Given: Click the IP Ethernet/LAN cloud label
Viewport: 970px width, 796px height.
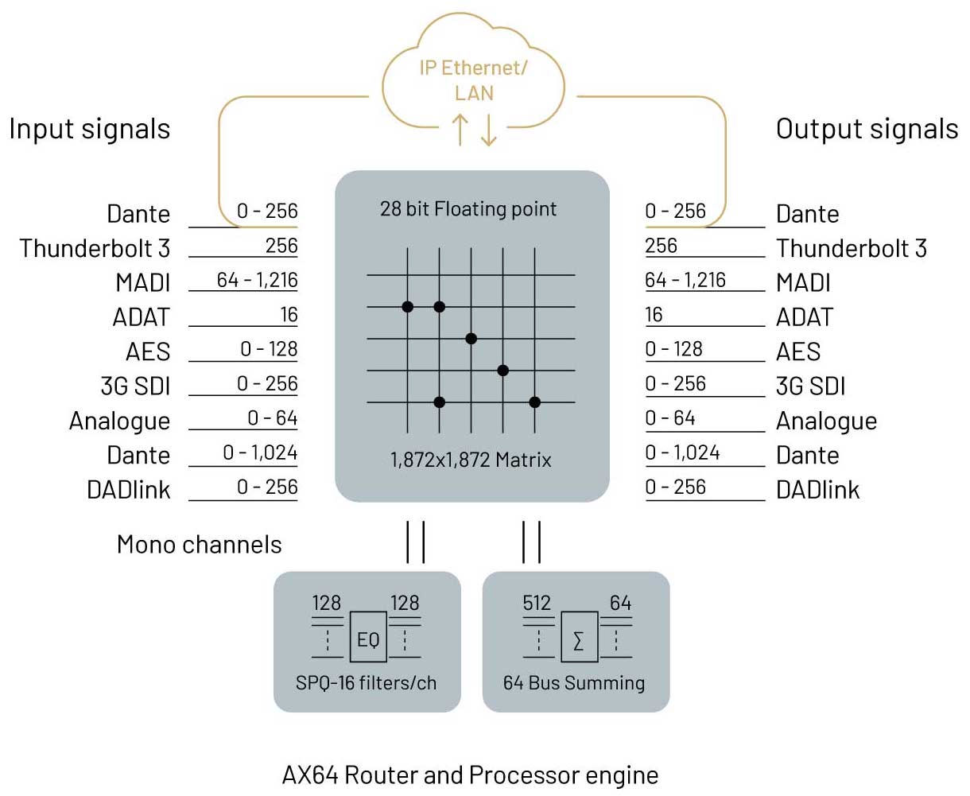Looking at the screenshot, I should (473, 80).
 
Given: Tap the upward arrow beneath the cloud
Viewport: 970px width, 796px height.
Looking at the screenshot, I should (460, 130).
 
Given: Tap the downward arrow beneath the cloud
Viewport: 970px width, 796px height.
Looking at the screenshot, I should (488, 130).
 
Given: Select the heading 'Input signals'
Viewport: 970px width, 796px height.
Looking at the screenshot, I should (90, 129).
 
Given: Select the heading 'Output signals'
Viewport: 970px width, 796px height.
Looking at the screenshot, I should (867, 129).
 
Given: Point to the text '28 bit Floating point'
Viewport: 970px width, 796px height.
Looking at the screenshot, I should (468, 209).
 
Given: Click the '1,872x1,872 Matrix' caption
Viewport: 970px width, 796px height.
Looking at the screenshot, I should (471, 460).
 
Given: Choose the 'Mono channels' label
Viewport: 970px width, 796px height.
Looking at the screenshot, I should (199, 545).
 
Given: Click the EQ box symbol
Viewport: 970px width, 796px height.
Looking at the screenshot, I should (368, 637).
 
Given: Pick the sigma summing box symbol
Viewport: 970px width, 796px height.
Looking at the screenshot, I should (579, 637).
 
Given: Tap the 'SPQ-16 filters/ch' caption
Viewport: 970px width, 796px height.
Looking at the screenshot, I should (366, 682).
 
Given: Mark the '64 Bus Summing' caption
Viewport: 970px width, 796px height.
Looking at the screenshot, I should (574, 682).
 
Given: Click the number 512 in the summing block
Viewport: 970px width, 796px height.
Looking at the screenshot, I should (537, 604).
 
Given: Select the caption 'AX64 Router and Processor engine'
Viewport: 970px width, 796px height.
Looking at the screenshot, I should (470, 775).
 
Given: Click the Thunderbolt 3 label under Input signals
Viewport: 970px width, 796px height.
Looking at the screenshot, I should (95, 249).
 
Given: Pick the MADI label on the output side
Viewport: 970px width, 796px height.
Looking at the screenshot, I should (803, 283).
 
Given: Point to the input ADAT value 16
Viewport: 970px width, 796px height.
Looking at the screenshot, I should (289, 315).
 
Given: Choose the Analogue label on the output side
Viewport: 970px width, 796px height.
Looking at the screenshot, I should (826, 421).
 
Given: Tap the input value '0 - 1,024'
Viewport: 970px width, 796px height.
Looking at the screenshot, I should (260, 453).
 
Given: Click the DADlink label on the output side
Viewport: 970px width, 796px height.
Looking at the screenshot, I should (817, 490).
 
